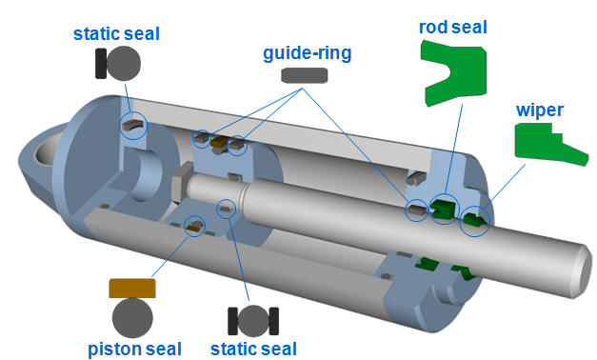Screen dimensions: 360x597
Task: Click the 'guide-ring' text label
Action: tap(307, 53)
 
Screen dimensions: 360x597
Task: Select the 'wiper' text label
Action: tap(540, 110)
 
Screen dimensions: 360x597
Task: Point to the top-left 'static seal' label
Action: tap(116, 34)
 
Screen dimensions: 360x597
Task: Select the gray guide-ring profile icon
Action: tap(305, 75)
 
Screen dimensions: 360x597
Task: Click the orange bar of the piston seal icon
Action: tap(132, 288)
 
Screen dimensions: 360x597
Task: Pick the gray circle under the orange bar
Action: tap(132, 316)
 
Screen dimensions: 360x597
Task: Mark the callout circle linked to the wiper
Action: tap(475, 222)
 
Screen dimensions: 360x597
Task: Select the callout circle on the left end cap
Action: tap(133, 126)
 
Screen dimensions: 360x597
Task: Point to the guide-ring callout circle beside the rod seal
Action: tap(415, 210)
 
